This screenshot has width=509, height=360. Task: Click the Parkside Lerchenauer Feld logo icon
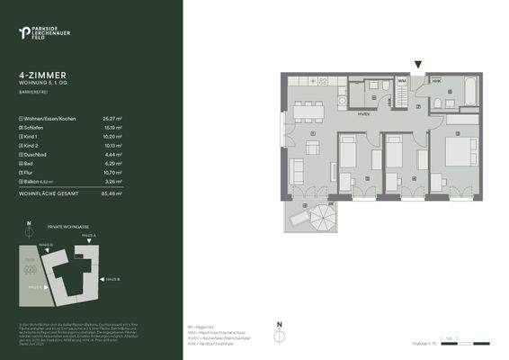(x=23, y=33)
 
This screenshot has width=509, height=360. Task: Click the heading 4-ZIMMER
(x=42, y=77)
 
